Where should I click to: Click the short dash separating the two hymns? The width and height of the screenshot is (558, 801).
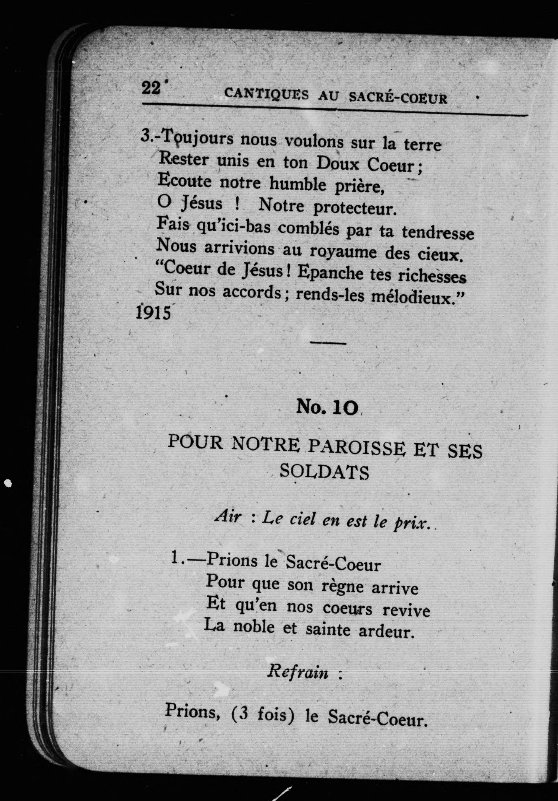pos(328,343)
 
